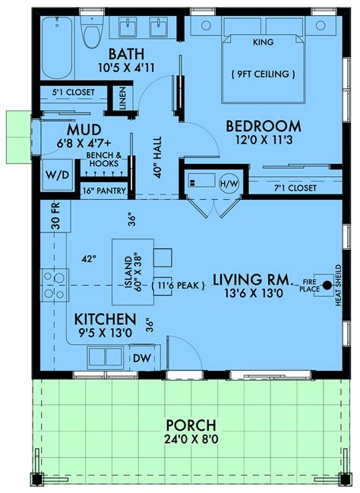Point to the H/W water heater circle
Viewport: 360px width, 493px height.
(x=229, y=183)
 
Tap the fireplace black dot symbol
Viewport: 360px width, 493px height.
(x=326, y=285)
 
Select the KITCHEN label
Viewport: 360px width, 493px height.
(x=106, y=319)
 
